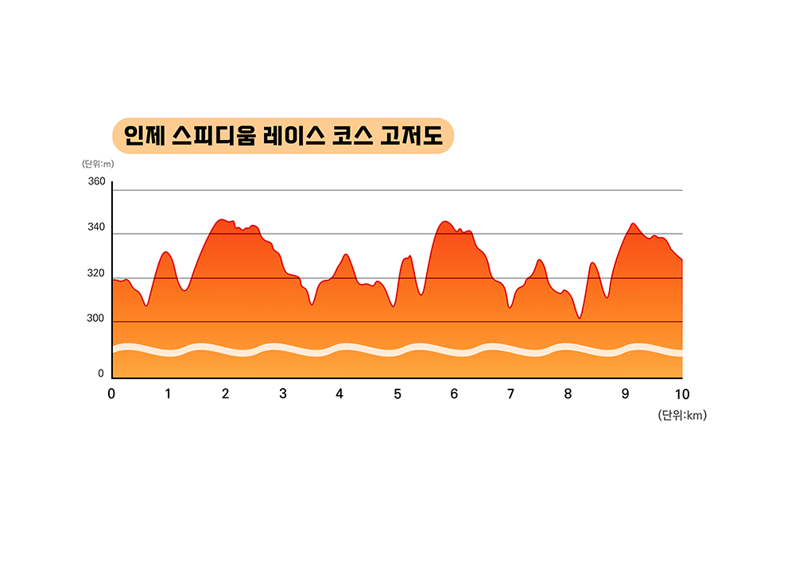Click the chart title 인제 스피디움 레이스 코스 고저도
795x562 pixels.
tap(283, 136)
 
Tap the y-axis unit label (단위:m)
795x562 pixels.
tap(98, 165)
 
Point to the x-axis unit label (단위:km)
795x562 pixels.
tap(682, 415)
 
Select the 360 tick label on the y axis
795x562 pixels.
tap(96, 182)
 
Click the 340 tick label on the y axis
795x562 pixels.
tap(96, 228)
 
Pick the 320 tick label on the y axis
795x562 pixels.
tap(96, 273)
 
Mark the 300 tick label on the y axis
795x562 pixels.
tap(96, 319)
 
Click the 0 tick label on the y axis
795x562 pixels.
tap(101, 374)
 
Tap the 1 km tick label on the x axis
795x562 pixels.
tap(168, 393)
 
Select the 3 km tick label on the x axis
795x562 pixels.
tap(283, 393)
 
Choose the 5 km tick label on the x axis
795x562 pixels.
tap(397, 393)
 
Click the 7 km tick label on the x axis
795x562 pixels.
tap(510, 393)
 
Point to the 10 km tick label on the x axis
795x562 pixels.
tap(681, 393)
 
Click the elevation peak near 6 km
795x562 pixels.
tap(445, 222)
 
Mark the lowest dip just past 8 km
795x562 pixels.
tap(580, 318)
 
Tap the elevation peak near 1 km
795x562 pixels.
tap(165, 252)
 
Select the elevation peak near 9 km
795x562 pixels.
tap(633, 224)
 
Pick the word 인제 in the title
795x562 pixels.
tap(144, 136)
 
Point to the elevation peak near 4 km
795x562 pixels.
tap(345, 254)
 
